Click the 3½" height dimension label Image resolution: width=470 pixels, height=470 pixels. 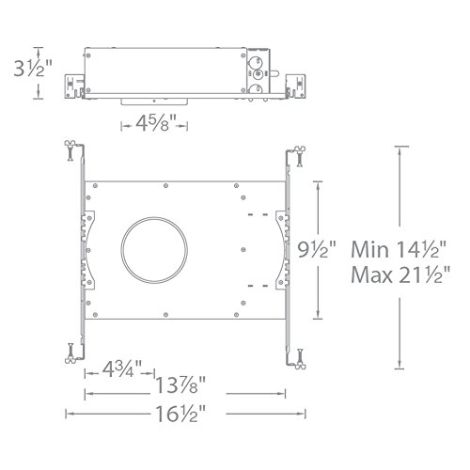33,69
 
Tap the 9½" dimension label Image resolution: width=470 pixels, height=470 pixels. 317,250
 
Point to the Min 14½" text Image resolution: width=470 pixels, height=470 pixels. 399,250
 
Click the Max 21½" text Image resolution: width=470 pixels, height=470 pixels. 400,274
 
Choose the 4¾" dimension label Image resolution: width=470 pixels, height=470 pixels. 122,369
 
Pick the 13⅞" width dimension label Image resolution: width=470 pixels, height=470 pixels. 180,385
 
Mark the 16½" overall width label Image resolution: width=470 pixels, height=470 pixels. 180,414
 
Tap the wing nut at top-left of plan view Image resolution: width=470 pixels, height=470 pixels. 70,150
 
